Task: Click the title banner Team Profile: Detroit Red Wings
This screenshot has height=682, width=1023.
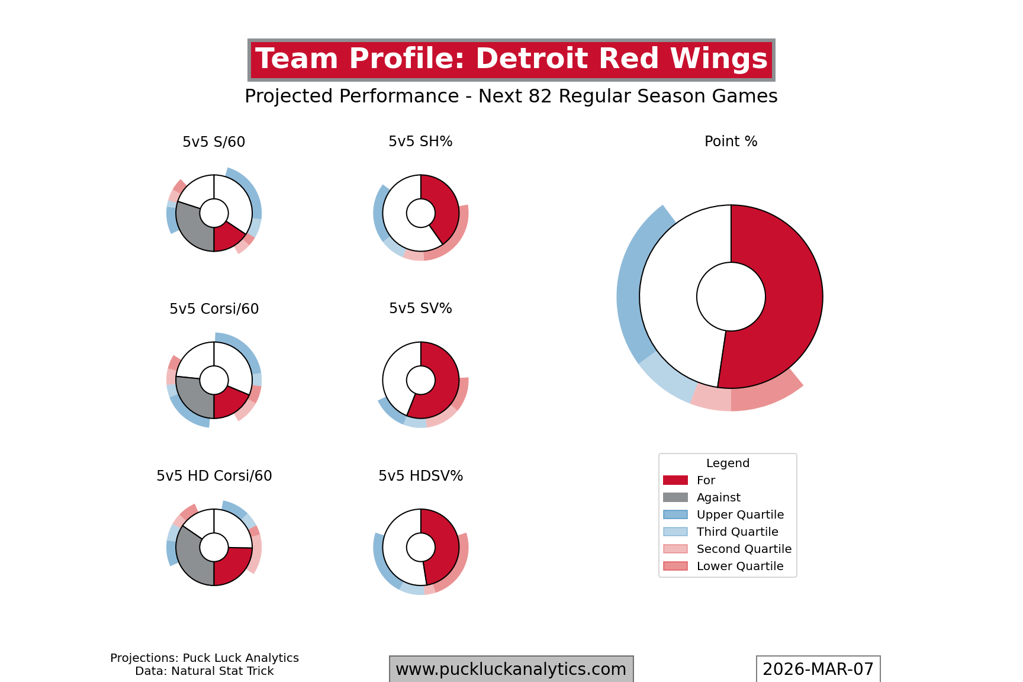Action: [x=511, y=60]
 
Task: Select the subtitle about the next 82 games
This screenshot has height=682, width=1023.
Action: [x=511, y=96]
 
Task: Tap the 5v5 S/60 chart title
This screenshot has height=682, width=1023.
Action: [x=214, y=142]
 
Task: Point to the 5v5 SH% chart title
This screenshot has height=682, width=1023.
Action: [x=420, y=141]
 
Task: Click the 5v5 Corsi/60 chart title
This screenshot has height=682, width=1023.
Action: [x=214, y=309]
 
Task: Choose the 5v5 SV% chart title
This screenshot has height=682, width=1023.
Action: [x=420, y=308]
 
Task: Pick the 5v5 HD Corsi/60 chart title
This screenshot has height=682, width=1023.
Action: [x=214, y=476]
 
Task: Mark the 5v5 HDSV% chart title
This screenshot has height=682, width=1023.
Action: [x=420, y=476]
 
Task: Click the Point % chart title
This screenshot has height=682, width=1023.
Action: [x=731, y=141]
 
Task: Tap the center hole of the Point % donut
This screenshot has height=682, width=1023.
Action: [x=731, y=297]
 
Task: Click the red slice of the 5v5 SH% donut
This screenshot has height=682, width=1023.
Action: [x=444, y=207]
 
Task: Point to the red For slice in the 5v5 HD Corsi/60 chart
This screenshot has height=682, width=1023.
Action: [x=233, y=565]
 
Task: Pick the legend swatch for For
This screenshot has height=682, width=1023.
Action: [x=675, y=480]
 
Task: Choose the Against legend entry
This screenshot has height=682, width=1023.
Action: [x=718, y=497]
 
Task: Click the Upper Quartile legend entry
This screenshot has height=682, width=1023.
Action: [x=740, y=514]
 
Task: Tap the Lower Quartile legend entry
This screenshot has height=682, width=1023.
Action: [x=739, y=566]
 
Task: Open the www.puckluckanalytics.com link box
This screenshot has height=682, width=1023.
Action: [x=511, y=669]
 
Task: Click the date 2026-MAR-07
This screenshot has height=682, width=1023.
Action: [x=818, y=669]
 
